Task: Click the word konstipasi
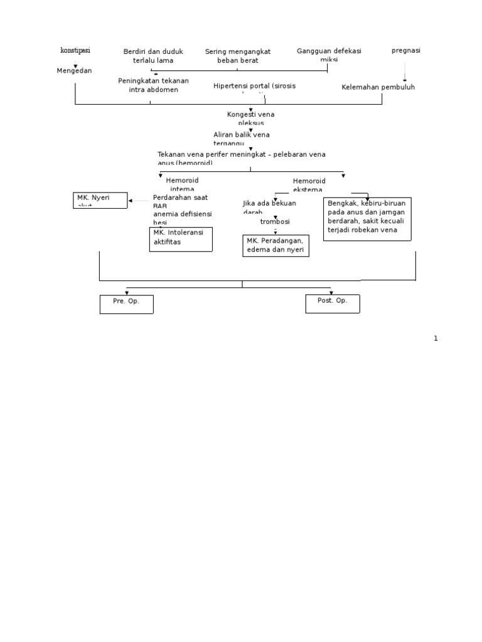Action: [75, 50]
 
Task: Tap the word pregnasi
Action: [406, 50]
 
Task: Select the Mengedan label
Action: [74, 71]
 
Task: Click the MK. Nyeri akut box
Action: [101, 200]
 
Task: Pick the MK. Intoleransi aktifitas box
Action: [181, 239]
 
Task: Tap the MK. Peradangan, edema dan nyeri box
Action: [276, 245]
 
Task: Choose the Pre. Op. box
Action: [126, 303]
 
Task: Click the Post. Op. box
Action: [333, 303]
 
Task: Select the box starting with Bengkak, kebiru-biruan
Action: [368, 219]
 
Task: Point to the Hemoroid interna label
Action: [182, 184]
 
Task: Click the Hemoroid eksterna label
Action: [309, 185]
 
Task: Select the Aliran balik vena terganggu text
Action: [242, 138]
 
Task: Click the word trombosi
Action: [275, 221]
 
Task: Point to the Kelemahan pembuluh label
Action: [378, 87]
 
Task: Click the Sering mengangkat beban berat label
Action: [238, 56]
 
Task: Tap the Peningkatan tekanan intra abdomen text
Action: [153, 85]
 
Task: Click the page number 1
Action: [436, 339]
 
